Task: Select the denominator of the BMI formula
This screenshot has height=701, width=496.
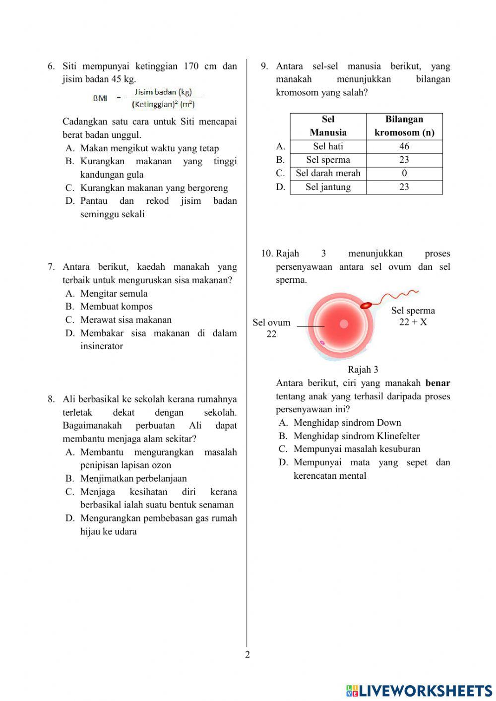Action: [x=163, y=105]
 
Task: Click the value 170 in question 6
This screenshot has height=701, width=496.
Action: [x=191, y=66]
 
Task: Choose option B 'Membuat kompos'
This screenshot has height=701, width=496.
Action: [x=116, y=307]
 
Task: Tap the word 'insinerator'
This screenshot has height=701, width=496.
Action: [x=102, y=346]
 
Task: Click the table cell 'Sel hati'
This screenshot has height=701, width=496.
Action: [x=328, y=146]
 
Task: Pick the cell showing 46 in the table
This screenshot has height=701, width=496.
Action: [x=404, y=146]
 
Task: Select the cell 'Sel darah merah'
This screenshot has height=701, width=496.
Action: [x=328, y=173]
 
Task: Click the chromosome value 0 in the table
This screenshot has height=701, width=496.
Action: [x=404, y=173]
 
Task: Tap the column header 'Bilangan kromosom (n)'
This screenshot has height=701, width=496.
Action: [x=404, y=126]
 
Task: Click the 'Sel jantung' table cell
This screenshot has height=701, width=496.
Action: [x=328, y=187]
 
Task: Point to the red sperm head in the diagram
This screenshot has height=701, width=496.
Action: [x=366, y=305]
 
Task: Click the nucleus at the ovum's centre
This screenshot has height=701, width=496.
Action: [x=344, y=324]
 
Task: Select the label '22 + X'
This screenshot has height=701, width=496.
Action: [x=413, y=322]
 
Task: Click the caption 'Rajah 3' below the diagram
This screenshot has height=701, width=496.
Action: [x=363, y=370]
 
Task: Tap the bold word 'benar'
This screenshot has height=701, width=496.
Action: [x=437, y=383]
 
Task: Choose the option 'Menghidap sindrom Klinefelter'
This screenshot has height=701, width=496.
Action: [x=356, y=436]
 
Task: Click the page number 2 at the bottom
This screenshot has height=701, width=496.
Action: [x=248, y=654]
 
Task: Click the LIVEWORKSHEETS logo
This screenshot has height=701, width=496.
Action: [x=419, y=691]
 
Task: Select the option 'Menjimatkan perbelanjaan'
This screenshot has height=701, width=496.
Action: [x=133, y=479]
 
